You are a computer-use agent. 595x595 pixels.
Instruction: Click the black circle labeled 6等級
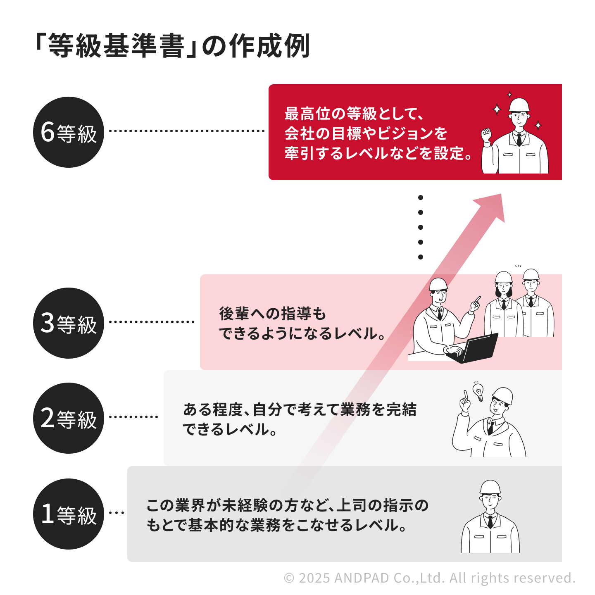[x=68, y=132]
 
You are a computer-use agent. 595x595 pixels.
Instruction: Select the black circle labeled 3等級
[x=68, y=323]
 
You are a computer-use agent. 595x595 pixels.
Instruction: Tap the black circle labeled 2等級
[x=68, y=418]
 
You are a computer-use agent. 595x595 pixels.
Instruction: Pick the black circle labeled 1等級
[x=68, y=514]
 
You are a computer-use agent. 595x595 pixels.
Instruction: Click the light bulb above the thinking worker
[x=478, y=391]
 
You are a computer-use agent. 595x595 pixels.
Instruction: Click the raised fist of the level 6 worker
[x=487, y=135]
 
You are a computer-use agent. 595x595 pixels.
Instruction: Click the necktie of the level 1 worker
[x=490, y=521]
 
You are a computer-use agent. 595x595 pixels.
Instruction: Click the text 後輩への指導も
[x=273, y=314]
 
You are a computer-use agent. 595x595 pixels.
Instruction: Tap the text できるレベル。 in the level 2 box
[x=230, y=430]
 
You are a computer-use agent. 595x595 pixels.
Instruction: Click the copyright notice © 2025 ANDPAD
[x=430, y=578]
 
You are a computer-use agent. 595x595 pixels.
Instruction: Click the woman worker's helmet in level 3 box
[x=503, y=277]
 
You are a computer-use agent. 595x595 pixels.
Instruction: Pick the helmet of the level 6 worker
[x=519, y=105]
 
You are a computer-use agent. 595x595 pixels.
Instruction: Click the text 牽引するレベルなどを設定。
[x=378, y=153]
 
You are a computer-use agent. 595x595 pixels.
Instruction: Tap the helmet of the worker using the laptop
[x=438, y=284]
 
